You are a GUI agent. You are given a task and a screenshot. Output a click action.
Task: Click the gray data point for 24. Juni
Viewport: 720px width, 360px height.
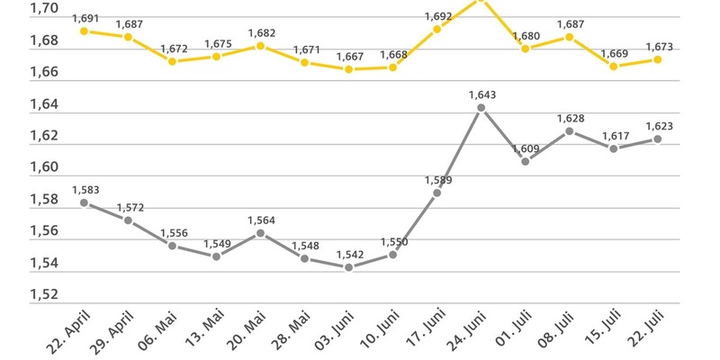481,108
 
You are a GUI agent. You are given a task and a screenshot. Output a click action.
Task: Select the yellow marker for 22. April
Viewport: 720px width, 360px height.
84,31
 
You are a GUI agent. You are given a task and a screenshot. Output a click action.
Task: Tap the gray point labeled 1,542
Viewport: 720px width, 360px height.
348,267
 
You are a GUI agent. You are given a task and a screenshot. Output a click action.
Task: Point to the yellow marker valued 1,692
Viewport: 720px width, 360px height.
436,29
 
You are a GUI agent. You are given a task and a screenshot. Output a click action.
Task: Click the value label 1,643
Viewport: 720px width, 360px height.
482,94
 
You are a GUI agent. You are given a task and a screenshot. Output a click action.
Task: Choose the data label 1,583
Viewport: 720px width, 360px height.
85,189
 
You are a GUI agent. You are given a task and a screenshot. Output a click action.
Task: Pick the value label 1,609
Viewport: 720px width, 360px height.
526,148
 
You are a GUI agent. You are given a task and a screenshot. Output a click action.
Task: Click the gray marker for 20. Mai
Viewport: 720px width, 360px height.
260,233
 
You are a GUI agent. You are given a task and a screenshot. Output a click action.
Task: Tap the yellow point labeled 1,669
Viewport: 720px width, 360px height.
614,66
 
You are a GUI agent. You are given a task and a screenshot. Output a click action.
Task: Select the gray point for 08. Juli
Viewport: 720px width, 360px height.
570,131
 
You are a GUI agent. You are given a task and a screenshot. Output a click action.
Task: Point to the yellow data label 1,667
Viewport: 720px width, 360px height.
349,56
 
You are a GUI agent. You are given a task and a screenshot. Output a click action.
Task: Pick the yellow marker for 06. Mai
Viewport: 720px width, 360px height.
172,61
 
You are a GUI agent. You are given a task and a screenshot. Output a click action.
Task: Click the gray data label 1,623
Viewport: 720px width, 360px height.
659,127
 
